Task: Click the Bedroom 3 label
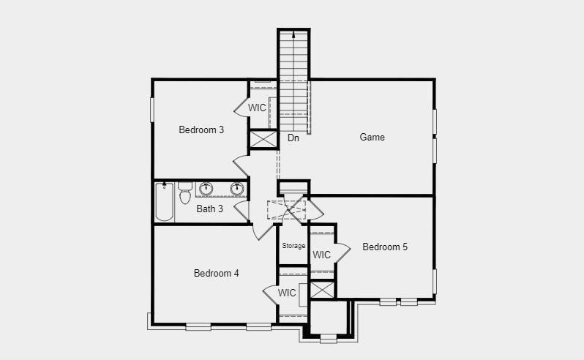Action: [201, 130]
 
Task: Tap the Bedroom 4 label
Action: [216, 274]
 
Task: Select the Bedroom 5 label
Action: [385, 247]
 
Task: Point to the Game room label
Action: [372, 138]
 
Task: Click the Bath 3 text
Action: [210, 209]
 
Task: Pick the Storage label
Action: [293, 246]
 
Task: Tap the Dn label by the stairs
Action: [293, 138]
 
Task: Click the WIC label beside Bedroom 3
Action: [257, 108]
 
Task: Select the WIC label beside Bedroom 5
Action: [321, 255]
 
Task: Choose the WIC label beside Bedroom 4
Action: [287, 293]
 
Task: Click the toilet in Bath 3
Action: [184, 193]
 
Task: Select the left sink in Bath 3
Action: [206, 189]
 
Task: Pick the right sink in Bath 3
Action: [236, 189]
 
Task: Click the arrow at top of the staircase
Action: [293, 34]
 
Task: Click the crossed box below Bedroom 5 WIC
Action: [321, 288]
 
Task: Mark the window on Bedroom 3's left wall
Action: [153, 110]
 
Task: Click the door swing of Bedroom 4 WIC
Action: [270, 293]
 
